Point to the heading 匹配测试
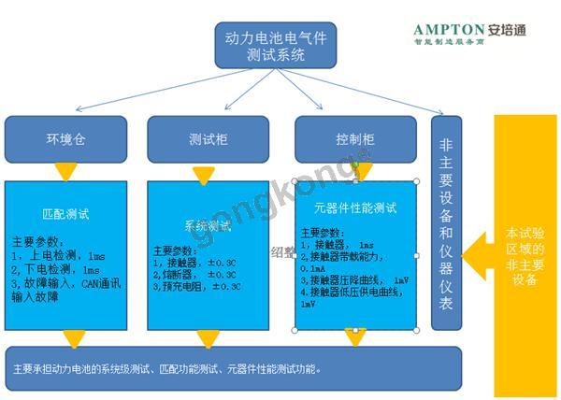65,213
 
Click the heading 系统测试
207,226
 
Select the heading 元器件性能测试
356,207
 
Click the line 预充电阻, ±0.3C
197,286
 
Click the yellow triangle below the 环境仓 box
65,172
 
